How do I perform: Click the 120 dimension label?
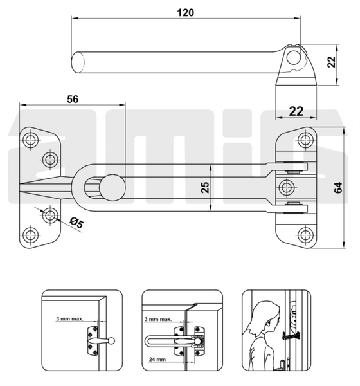click(186, 13)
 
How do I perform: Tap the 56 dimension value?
click(73, 99)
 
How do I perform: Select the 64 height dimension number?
click(338, 188)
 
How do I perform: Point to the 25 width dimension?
click(205, 187)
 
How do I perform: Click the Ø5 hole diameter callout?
click(76, 223)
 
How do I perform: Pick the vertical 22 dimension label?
click(332, 62)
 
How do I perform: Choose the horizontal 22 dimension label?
click(296, 111)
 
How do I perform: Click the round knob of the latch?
click(113, 188)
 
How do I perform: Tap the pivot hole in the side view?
click(294, 57)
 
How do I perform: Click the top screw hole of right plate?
click(305, 140)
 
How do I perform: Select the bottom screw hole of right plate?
click(305, 235)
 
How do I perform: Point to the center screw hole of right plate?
click(287, 188)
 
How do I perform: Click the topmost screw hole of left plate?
click(30, 140)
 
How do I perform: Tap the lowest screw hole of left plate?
click(30, 234)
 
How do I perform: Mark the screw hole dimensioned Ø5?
click(50, 216)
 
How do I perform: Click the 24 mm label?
click(157, 360)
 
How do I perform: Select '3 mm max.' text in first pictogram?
click(69, 319)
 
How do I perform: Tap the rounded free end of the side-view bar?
click(77, 62)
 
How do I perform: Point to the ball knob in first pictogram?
click(111, 341)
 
